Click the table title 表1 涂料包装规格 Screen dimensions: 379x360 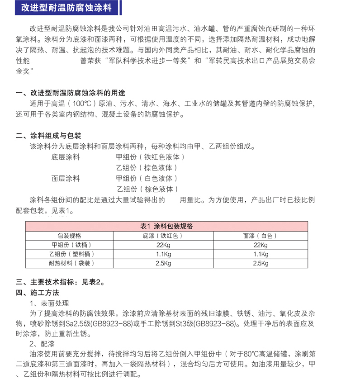coord(167,226)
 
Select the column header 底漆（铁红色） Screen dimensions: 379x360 coord(162,236)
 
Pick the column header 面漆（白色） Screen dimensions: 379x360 coord(260,236)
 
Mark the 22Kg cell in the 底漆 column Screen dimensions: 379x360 coord(162,245)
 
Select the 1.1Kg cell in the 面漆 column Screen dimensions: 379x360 coord(260,254)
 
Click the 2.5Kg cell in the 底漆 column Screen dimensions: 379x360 coord(162,263)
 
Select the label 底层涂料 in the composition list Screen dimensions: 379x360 coord(66,157)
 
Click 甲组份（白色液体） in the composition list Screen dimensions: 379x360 coord(147,178)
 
